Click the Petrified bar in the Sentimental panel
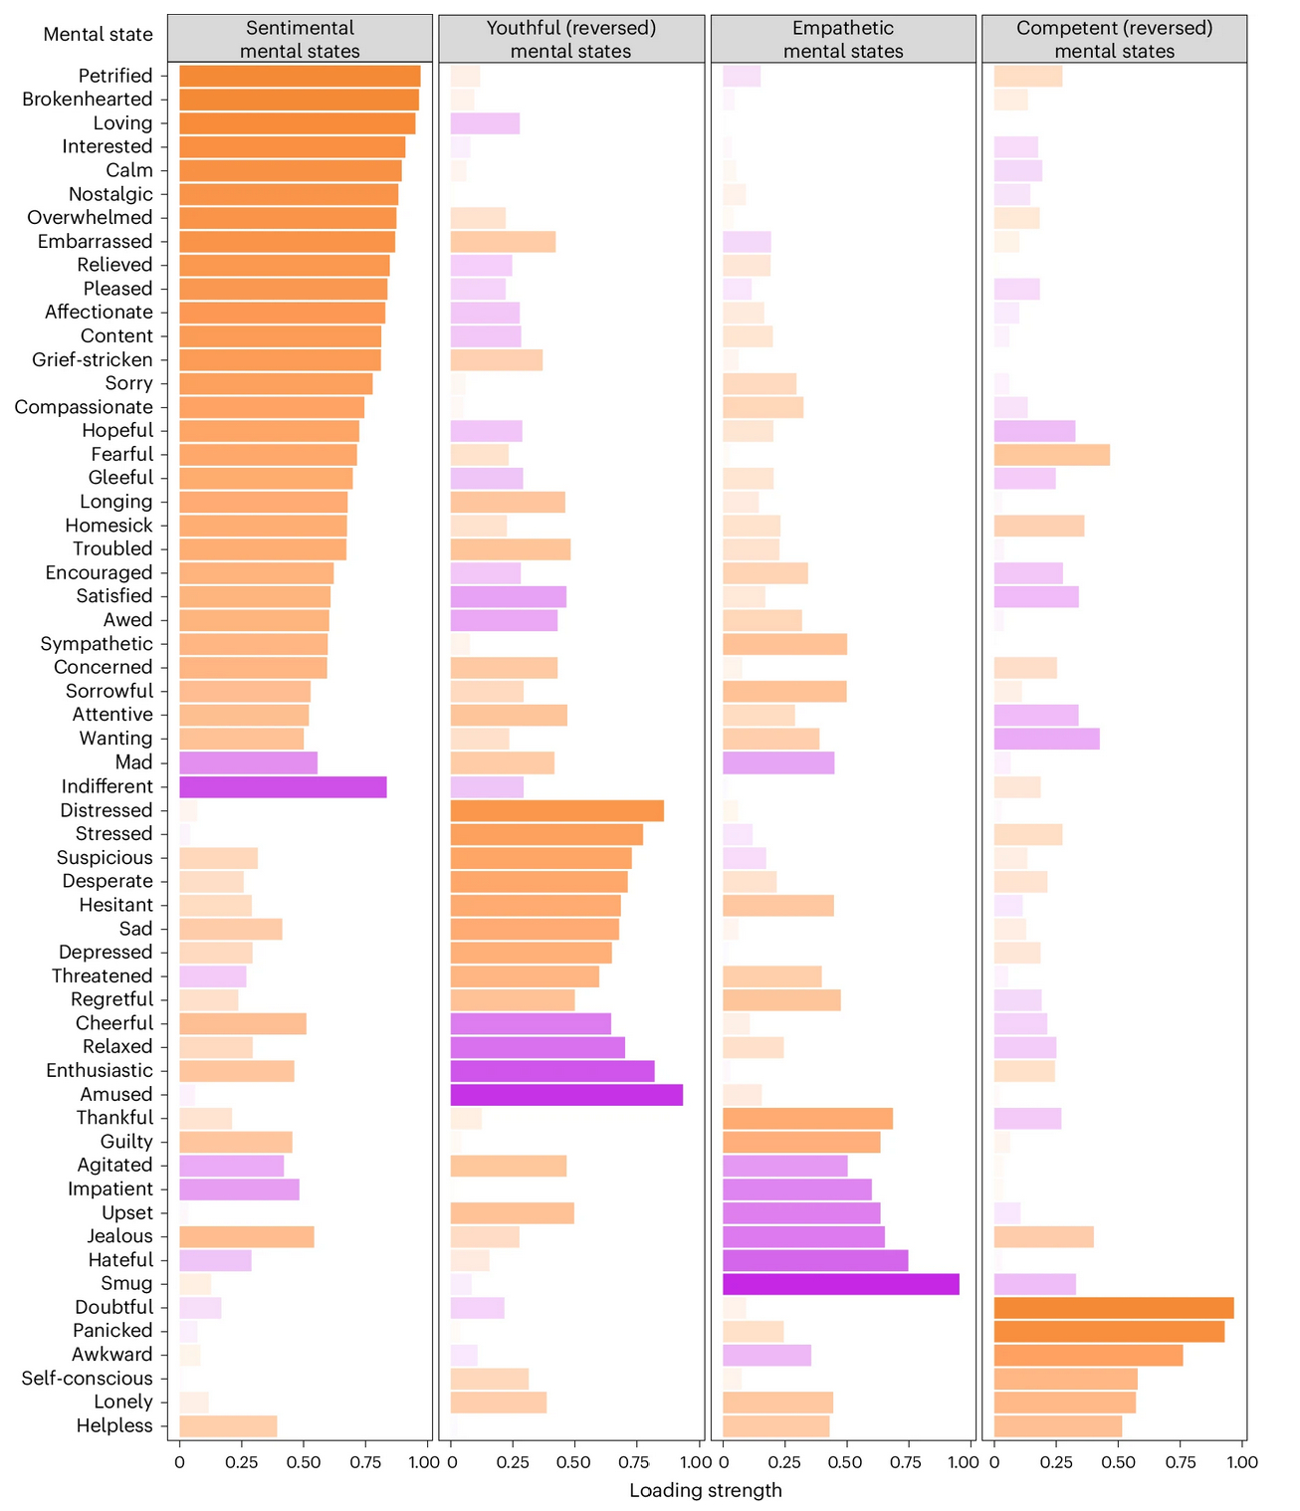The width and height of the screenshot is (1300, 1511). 300,76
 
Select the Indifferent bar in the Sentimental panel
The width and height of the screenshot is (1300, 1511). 283,786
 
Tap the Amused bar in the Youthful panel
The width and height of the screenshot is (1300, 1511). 566,1095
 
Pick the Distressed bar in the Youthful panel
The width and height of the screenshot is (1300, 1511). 556,810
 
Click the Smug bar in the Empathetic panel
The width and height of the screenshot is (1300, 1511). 840,1284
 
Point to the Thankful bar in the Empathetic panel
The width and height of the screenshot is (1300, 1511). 807,1118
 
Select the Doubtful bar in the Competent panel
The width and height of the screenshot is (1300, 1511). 1113,1308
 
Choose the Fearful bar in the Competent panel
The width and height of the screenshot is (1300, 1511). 1051,455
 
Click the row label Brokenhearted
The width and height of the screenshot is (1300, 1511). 88,100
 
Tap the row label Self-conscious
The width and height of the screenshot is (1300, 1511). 88,1379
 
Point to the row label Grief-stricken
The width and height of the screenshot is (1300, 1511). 93,360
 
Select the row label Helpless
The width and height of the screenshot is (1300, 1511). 114,1426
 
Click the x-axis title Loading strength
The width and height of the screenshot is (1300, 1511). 706,1490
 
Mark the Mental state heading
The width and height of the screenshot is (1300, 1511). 99,35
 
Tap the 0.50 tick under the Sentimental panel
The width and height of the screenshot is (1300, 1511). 303,1462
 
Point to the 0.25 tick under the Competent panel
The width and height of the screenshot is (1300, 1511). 1056,1462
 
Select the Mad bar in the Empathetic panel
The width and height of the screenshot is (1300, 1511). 778,763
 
